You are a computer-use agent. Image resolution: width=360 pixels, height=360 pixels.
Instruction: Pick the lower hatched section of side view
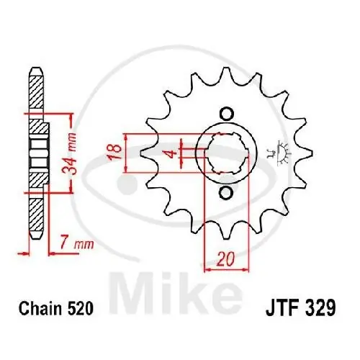pos(33,216)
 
